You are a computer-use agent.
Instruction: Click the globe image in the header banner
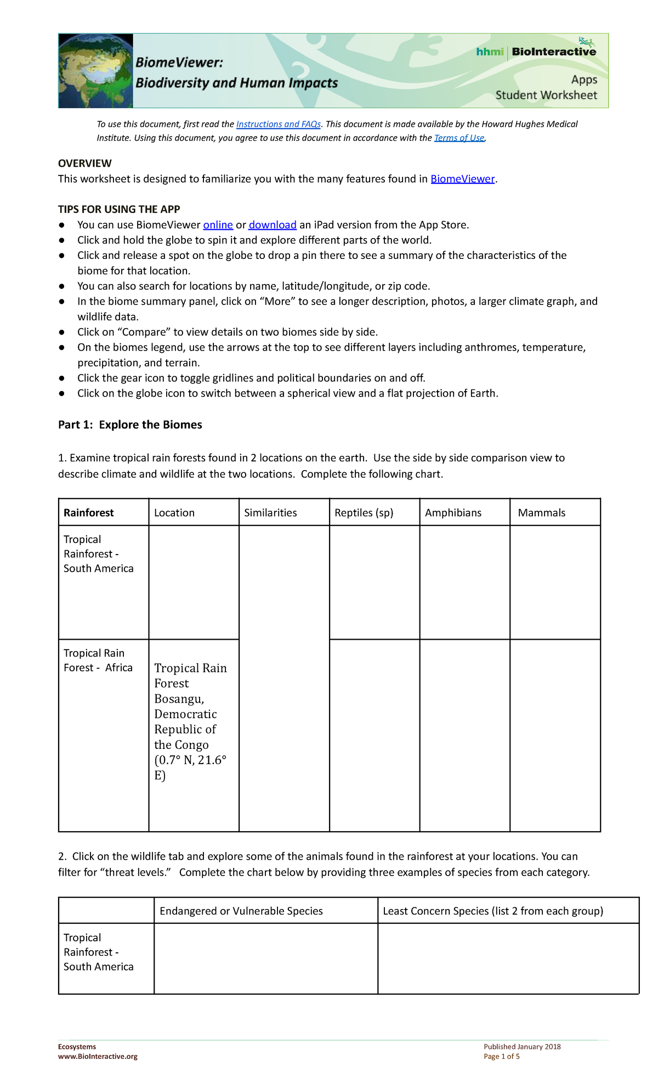97,71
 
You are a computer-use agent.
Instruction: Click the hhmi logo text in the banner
489,52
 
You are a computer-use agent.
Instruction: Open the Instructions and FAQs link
278,125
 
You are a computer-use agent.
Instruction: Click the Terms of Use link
459,138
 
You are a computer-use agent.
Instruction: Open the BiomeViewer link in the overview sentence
462,179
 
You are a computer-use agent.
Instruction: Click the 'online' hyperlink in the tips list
218,225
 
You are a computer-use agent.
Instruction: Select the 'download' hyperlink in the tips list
273,225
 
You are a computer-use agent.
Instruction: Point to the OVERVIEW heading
85,163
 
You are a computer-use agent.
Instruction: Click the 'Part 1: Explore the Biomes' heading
130,425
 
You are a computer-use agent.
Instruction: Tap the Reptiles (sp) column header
364,513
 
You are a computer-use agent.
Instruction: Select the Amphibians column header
453,513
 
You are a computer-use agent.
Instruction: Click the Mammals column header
541,513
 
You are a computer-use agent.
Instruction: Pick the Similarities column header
270,513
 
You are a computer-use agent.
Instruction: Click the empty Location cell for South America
194,582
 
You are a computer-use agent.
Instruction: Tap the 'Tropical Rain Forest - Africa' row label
98,660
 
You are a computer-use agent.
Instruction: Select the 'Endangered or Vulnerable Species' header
241,911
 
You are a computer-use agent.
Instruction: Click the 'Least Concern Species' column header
492,911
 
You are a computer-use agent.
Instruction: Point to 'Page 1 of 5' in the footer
501,1057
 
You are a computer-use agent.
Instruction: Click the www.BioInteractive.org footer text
98,1057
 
